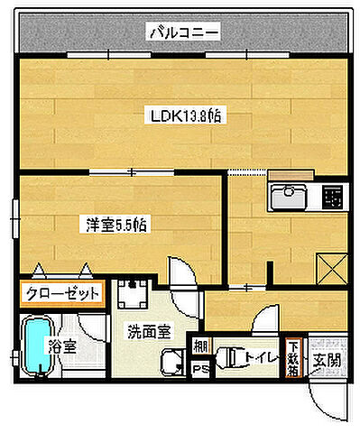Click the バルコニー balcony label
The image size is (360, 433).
[x=184, y=34]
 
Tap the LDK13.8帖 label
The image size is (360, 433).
[x=186, y=116]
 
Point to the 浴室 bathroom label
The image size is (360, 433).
[x=61, y=345]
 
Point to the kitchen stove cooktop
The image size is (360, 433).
[x=330, y=195]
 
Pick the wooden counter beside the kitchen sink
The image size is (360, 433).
[x=290, y=175]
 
